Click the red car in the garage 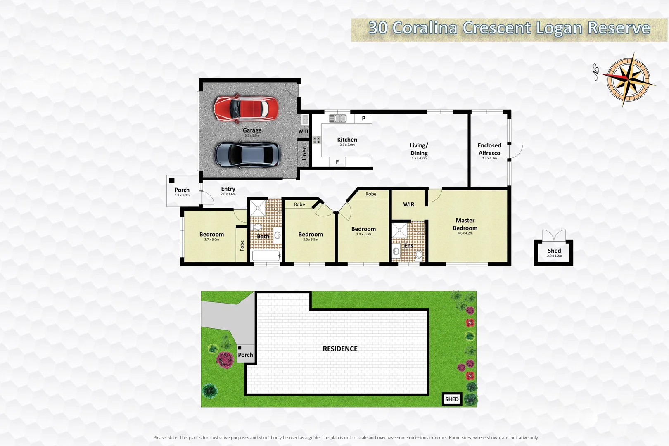click(246, 109)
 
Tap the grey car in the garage click(247, 154)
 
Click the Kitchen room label click(347, 140)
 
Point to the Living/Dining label click(419, 149)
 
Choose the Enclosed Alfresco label click(489, 149)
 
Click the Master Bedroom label click(465, 224)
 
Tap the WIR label click(408, 204)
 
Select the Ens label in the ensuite click(408, 246)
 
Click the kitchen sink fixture click(337, 119)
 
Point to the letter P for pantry click(363, 118)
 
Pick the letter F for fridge click(337, 162)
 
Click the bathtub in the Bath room click(266, 256)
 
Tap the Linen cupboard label click(304, 153)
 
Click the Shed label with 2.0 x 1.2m click(554, 252)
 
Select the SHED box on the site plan click(452, 399)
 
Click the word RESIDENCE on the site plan click(340, 349)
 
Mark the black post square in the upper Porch click(172, 180)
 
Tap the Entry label click(228, 189)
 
